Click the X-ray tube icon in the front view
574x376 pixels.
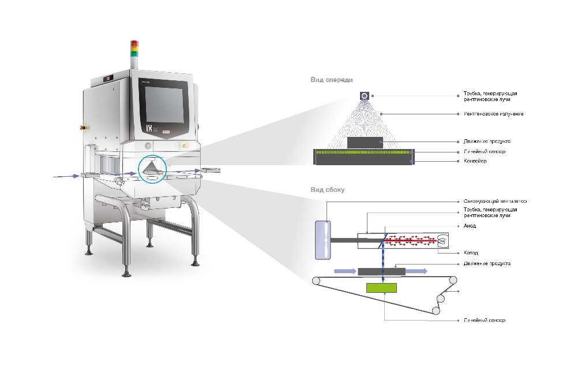(x=365, y=95)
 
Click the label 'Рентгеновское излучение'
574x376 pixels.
(x=493, y=114)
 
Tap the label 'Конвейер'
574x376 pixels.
(x=475, y=161)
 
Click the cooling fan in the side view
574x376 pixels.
(x=322, y=239)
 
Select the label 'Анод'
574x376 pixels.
(x=470, y=226)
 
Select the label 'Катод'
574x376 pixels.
(x=470, y=252)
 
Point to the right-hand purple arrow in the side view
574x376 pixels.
(x=415, y=270)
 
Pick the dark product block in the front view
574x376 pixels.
(x=365, y=142)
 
